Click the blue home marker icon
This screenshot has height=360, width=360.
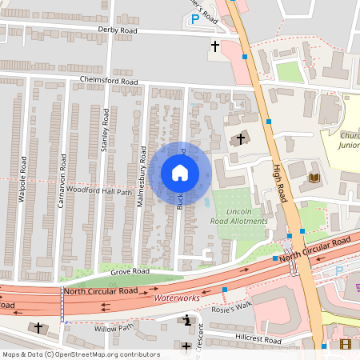click(179, 173)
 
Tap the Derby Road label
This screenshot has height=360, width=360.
click(118, 30)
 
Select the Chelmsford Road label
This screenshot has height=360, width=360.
click(110, 81)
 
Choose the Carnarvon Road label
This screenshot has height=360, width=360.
click(61, 188)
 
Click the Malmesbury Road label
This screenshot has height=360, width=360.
click(140, 177)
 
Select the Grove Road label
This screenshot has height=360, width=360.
click(130, 271)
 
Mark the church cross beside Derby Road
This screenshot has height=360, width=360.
click(214, 46)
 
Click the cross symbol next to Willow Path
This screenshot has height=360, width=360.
click(38, 328)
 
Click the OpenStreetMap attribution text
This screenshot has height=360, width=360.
click(80, 354)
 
